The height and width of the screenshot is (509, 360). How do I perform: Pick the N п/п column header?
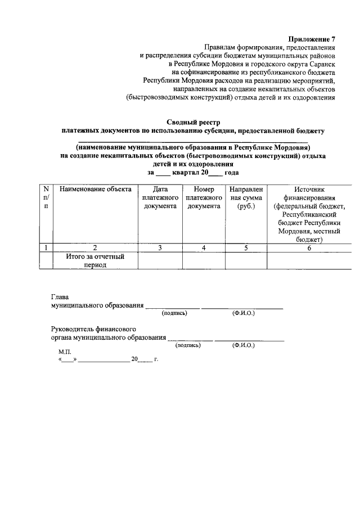click(46, 198)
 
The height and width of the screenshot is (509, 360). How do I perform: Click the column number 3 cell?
click(160, 247)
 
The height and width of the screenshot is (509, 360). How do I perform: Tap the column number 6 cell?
click(309, 247)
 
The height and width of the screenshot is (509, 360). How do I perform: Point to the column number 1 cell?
click(46, 247)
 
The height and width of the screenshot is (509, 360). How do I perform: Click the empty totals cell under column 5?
click(246, 260)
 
